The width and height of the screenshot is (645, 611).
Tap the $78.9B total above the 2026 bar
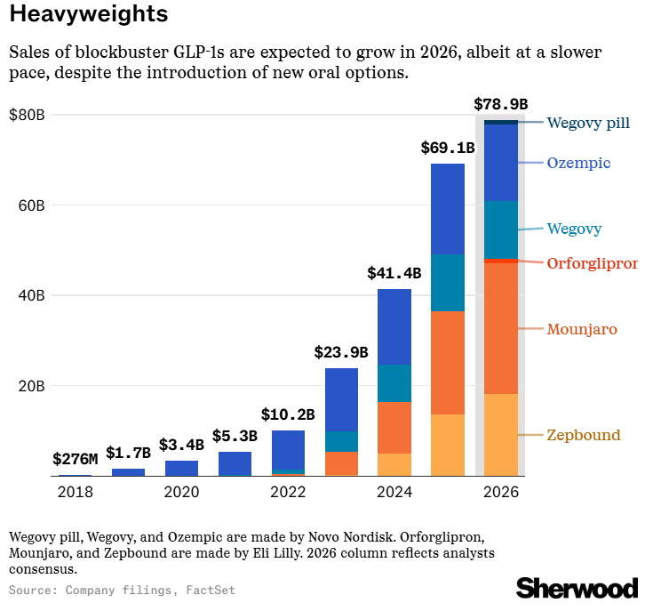(500, 104)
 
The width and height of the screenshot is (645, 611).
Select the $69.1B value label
(447, 148)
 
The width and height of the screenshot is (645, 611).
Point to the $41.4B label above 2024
(394, 274)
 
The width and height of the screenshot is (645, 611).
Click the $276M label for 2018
(75, 460)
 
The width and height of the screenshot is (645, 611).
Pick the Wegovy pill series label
(588, 123)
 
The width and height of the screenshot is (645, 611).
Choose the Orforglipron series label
(592, 263)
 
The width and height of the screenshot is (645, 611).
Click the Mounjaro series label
(582, 330)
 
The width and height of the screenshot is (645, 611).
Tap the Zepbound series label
(583, 435)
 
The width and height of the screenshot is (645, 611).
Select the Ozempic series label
(578, 163)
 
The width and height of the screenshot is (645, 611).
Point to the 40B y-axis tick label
(32, 295)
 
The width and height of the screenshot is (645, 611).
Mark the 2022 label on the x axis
(288, 492)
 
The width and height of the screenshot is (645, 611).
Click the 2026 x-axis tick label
(500, 492)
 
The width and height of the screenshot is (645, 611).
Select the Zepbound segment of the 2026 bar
(500, 435)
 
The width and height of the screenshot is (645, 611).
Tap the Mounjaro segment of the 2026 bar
(500, 329)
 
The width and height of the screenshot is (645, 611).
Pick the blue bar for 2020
(181, 468)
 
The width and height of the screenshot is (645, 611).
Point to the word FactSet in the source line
(211, 590)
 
